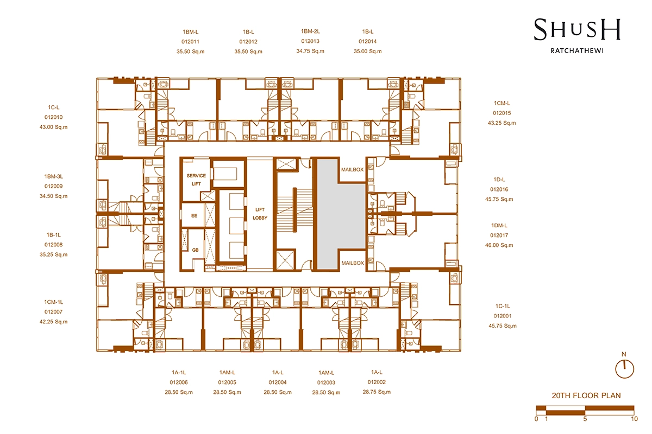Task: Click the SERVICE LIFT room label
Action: (196, 180)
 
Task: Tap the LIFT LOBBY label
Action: (260, 214)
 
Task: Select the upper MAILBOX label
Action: (353, 169)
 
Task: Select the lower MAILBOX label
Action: (353, 263)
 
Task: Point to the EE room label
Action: (194, 216)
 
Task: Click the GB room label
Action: (195, 250)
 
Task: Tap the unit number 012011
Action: (190, 42)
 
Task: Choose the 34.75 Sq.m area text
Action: (310, 51)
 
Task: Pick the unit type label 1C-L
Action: (54, 107)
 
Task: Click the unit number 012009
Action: (54, 186)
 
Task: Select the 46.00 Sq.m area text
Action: (499, 245)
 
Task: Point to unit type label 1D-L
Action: (499, 180)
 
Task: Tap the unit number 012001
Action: (503, 316)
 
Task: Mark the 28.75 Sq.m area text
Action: (377, 392)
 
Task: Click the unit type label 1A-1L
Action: (179, 372)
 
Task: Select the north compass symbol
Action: (624, 367)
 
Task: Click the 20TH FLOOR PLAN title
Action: (586, 395)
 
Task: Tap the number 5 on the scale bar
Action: (585, 419)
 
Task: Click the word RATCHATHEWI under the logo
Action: (577, 50)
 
